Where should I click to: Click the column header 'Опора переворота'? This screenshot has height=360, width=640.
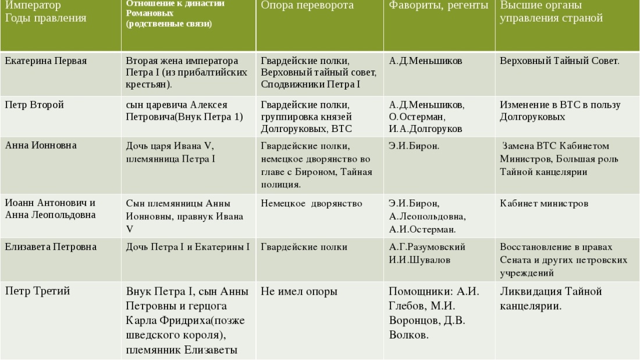(x=307, y=5)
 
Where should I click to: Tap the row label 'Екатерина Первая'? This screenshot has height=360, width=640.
(x=47, y=60)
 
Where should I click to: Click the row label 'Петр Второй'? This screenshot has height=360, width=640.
(x=34, y=105)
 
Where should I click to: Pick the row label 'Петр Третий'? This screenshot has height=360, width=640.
(x=38, y=291)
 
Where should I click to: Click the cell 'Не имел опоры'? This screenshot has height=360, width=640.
(x=299, y=291)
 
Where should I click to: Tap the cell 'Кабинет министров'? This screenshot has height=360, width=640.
(x=544, y=204)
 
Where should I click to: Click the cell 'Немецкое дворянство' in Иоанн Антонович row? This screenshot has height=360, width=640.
(x=311, y=204)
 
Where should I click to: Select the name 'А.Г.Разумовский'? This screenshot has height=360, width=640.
(x=427, y=247)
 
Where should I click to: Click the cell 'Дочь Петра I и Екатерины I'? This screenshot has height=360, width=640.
(x=188, y=247)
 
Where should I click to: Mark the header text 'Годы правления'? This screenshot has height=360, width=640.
(x=46, y=18)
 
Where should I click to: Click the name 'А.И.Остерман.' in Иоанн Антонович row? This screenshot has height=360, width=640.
(x=423, y=229)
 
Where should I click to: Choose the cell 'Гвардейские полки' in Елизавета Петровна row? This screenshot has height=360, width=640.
(x=304, y=247)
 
